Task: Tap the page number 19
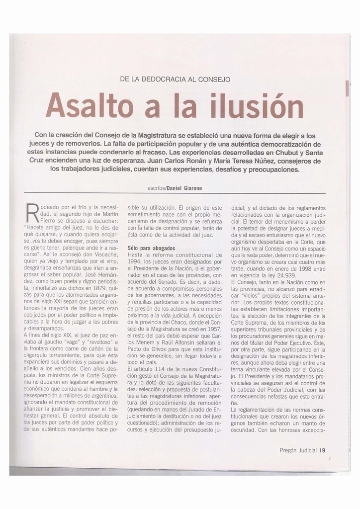tap(322, 450)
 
